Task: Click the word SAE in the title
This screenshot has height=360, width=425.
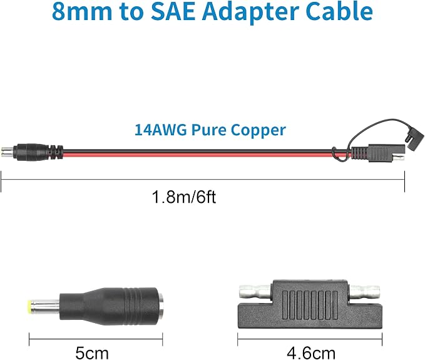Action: point(173,11)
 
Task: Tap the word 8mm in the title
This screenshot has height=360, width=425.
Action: point(81,11)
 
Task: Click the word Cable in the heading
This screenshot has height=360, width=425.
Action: point(339,11)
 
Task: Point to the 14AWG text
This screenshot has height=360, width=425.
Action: point(160,130)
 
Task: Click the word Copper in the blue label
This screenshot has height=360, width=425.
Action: point(259,131)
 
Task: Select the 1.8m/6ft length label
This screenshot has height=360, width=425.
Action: point(184,197)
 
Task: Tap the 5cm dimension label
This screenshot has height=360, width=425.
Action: point(92,353)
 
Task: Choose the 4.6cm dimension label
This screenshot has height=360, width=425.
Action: point(311,353)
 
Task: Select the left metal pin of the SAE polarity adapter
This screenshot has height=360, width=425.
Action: point(255,291)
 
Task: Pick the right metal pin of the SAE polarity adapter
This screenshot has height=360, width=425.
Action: point(364,291)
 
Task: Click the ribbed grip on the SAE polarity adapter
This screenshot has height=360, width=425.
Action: point(310,304)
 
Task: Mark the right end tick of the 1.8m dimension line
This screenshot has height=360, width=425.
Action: point(405,182)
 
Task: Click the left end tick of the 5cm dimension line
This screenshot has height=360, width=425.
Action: point(29,339)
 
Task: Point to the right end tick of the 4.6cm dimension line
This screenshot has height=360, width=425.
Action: point(382,339)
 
